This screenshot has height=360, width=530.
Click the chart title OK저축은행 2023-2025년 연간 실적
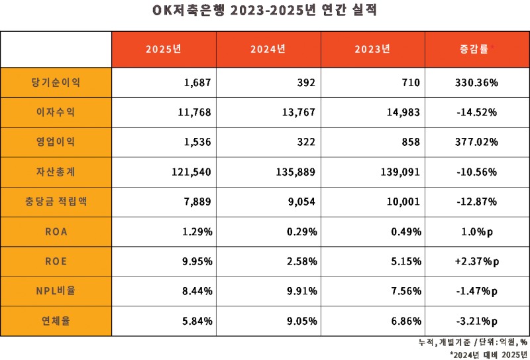[265, 11]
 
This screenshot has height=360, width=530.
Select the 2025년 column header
[163, 49]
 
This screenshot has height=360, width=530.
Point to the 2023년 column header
[372, 49]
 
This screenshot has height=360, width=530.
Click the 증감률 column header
[476, 49]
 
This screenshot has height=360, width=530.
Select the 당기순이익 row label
[56, 83]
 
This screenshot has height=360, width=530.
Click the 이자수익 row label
[56, 113]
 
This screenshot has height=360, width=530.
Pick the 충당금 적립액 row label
[56, 202]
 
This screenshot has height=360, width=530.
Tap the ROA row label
[56, 232]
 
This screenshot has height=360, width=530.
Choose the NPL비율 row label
[56, 291]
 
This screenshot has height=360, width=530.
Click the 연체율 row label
[56, 321]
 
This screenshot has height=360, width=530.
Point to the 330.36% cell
[477, 83]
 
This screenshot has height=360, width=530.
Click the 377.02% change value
[477, 143]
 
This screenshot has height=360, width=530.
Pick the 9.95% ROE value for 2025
[197, 261]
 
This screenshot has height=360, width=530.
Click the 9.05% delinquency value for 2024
[301, 321]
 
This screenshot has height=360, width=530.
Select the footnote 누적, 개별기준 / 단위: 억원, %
[472, 343]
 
